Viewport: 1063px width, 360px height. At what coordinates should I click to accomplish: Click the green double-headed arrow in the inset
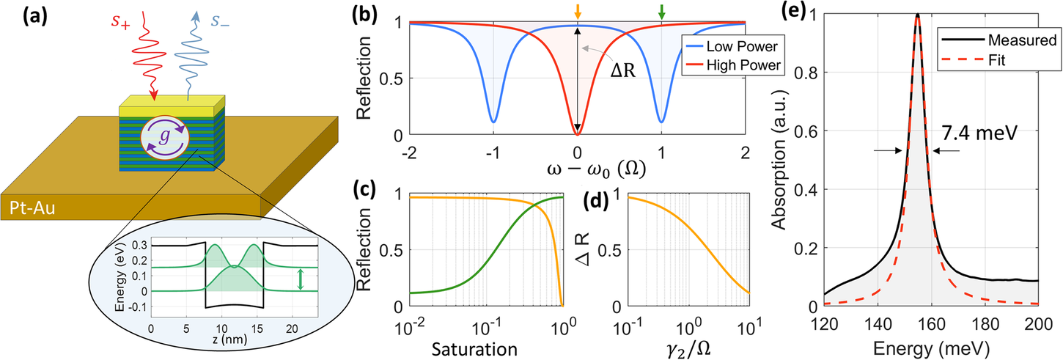point(299,280)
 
